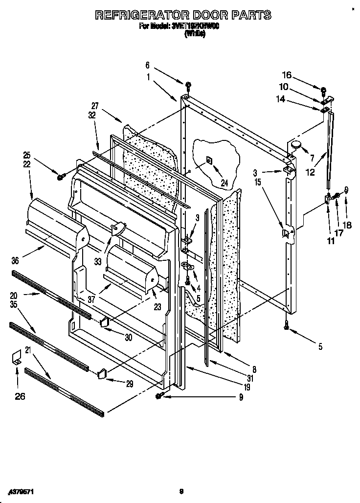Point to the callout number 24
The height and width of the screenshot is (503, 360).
pyautogui.click(x=224, y=183)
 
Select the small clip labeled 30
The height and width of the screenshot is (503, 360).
pyautogui.click(x=104, y=321)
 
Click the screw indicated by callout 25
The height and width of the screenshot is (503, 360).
pyautogui.click(x=61, y=176)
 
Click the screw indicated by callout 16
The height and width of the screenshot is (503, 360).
pyautogui.click(x=323, y=90)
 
